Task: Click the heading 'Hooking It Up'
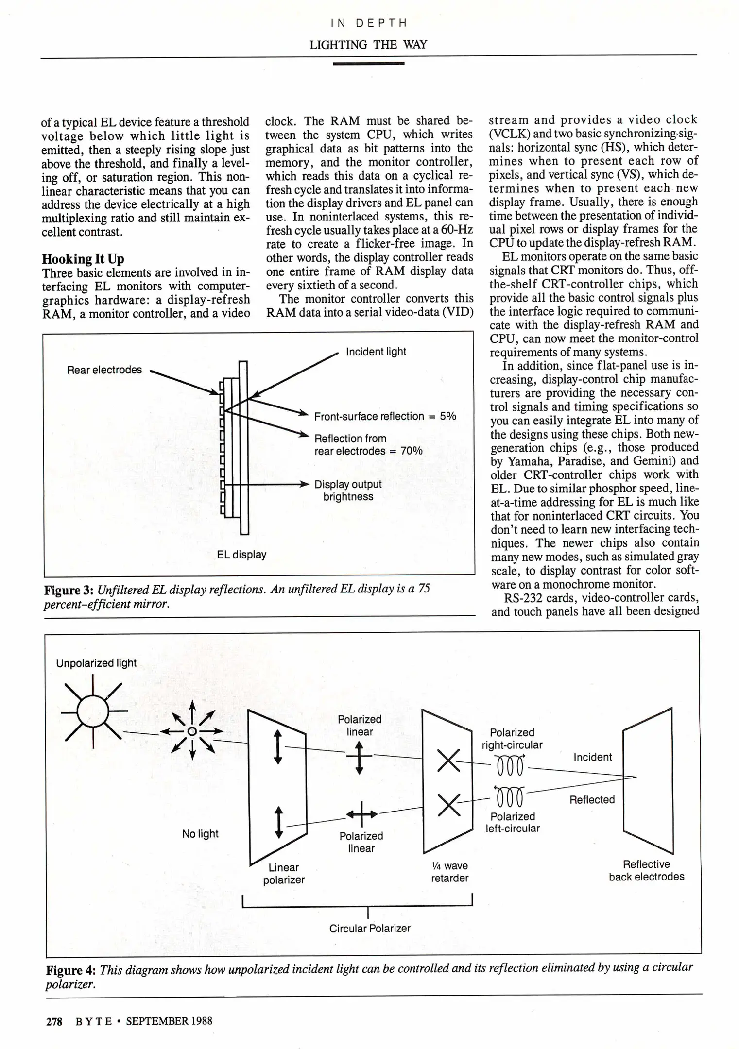point(83,259)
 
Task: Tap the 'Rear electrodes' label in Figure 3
point(104,370)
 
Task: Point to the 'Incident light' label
point(376,352)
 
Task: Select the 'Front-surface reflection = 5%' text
point(385,416)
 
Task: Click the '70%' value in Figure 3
point(411,451)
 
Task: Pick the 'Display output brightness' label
point(348,491)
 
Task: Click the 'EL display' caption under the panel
point(241,555)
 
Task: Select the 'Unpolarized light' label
point(96,663)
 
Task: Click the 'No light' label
point(200,834)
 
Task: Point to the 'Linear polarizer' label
point(284,874)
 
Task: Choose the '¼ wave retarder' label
point(450,872)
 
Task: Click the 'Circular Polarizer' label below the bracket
point(370,929)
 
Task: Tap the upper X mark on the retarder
point(448,761)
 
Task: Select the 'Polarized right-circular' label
point(512,739)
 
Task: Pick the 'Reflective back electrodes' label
point(646,870)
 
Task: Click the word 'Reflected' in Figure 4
point(592,800)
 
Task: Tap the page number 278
point(54,1021)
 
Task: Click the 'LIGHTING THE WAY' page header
point(368,45)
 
